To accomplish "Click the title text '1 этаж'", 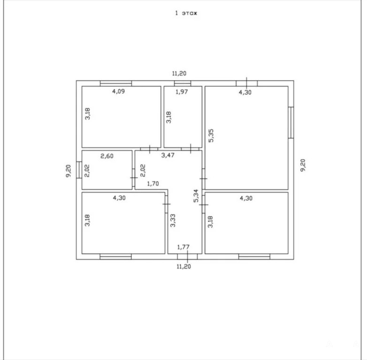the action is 186,13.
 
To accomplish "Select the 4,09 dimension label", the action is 118,91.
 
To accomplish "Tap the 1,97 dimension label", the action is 182,91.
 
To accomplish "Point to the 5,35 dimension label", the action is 211,135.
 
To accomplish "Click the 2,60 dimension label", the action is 107,156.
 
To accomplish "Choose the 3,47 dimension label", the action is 168,155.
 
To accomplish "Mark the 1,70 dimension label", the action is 153,184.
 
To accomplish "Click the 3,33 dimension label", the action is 173,221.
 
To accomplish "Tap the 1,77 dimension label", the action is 183,247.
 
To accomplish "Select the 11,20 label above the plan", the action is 179,74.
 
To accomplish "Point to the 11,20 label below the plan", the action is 183,267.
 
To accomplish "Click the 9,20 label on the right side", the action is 303,165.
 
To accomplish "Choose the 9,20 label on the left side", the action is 69,171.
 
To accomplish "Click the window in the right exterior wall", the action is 291,122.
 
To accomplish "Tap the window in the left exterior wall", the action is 79,170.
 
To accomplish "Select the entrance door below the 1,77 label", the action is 187,257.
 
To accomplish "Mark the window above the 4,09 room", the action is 116,83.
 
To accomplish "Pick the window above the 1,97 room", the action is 183,83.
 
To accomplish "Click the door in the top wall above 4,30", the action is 247,83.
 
